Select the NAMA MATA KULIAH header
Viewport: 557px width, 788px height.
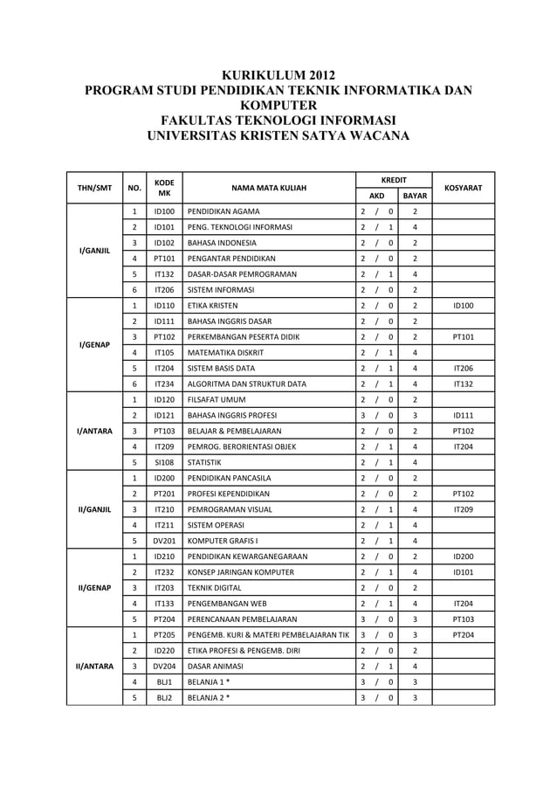(x=265, y=188)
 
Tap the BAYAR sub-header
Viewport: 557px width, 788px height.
(x=415, y=197)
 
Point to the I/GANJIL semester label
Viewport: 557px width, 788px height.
(x=94, y=251)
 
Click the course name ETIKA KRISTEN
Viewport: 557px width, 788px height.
(x=212, y=306)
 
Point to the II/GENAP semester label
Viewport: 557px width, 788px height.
(x=94, y=588)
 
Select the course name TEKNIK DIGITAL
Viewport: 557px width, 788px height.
(x=218, y=588)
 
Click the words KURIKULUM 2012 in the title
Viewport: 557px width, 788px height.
(x=278, y=73)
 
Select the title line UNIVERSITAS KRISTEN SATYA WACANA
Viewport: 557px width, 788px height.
(x=278, y=135)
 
